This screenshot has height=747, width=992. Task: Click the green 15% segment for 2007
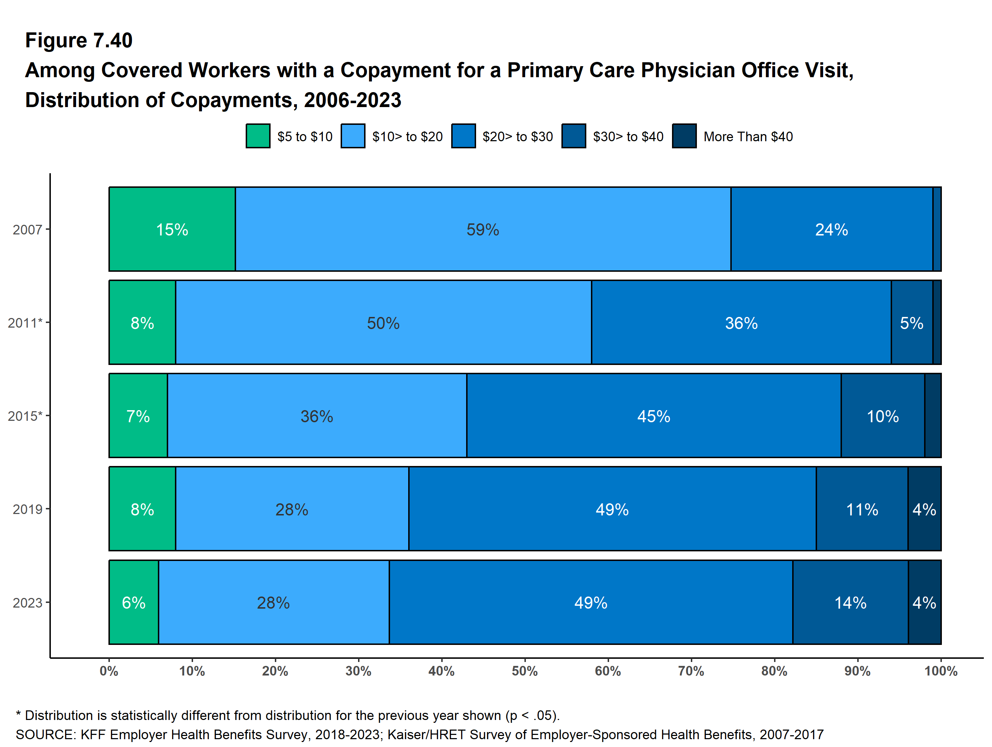(172, 229)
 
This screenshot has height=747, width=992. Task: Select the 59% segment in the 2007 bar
(482, 229)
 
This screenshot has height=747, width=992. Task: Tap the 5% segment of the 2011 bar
(911, 323)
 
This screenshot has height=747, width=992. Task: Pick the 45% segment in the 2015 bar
(654, 416)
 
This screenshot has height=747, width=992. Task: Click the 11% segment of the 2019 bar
(862, 509)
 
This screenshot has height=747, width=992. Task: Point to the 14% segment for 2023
(850, 603)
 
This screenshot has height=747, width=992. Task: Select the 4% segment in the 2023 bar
(924, 603)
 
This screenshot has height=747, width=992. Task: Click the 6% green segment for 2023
(134, 603)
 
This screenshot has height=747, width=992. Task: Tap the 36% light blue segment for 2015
(316, 416)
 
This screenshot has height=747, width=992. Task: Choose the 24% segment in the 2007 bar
(831, 229)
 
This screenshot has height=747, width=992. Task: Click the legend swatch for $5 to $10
(258, 136)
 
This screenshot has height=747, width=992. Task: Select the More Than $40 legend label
(748, 136)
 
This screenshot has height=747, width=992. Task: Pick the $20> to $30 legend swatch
(463, 136)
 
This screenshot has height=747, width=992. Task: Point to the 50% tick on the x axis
(525, 671)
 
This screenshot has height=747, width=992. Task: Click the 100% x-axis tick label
(940, 671)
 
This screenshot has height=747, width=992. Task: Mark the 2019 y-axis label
(27, 509)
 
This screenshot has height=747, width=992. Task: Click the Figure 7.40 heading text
(79, 41)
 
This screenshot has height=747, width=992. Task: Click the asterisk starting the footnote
(18, 714)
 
